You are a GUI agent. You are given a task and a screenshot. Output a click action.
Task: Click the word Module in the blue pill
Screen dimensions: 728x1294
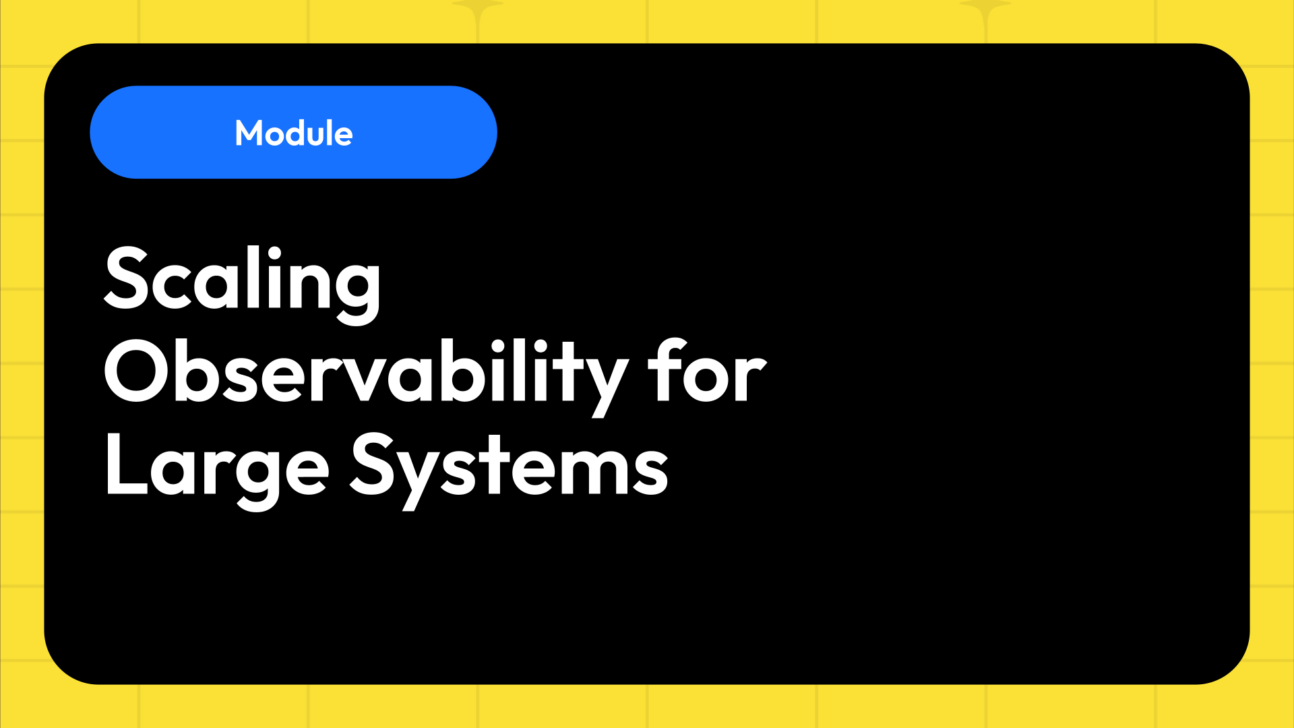(x=294, y=133)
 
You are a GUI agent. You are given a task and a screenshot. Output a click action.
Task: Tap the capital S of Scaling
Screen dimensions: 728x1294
(x=127, y=278)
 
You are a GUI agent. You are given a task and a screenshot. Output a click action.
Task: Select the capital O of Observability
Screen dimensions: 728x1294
(x=135, y=371)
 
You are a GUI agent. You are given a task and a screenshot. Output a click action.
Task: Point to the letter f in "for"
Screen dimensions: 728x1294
(x=663, y=371)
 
